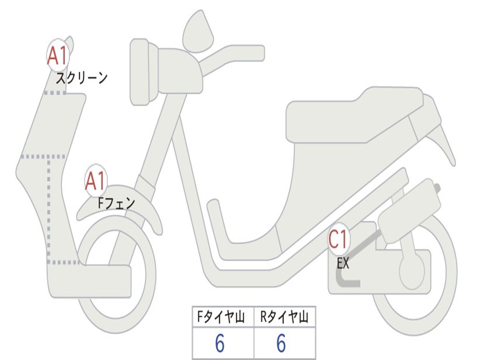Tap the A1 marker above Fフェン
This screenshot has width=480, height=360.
[x=96, y=181]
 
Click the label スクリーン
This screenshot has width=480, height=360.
[x=82, y=78]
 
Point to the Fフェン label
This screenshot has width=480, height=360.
[x=116, y=203]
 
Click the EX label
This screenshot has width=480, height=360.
[x=343, y=263]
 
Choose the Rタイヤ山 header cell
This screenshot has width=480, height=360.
[x=285, y=318]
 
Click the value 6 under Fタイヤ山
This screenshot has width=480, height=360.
[x=220, y=344]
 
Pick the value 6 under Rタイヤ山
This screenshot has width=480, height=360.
[x=281, y=344]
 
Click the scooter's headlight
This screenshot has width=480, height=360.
[x=140, y=71]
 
